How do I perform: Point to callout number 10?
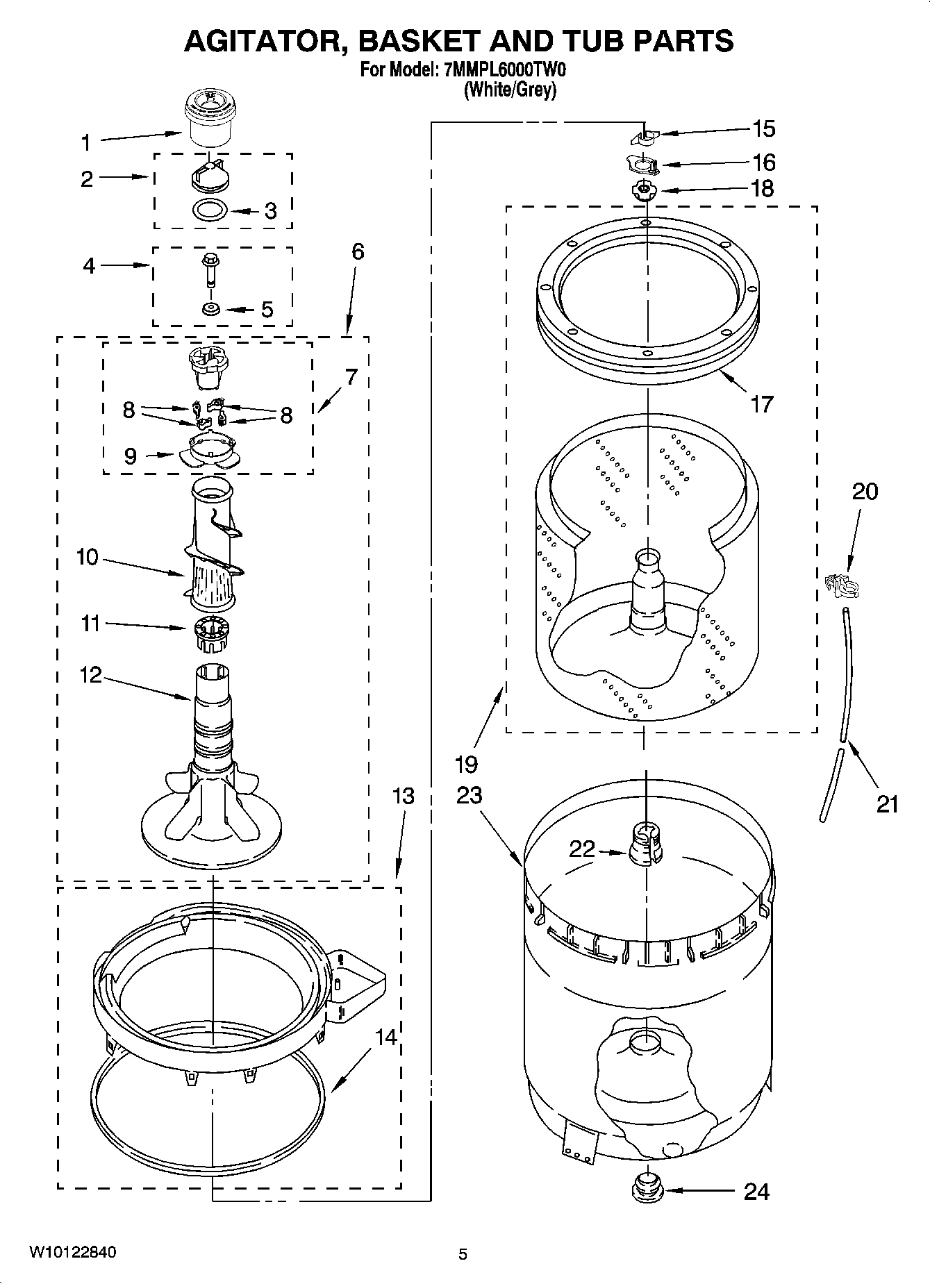pos(87,557)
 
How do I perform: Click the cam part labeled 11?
pos(210,633)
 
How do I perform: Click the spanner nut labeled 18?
pos(645,189)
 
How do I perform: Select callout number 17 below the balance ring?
pos(762,403)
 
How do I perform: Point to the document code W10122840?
pos(72,1252)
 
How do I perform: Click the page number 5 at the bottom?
pos(463,1253)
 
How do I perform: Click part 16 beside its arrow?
pos(643,165)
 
